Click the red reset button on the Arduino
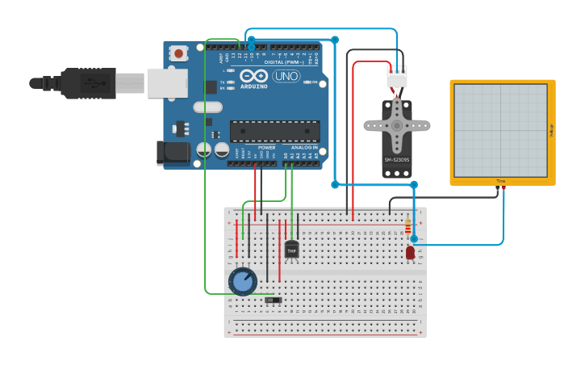[178, 53]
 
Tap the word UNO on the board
[286, 76]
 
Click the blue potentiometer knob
[242, 282]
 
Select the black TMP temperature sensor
[291, 250]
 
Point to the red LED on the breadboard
[410, 253]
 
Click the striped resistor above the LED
[407, 226]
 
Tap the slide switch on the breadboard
[274, 301]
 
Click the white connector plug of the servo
[397, 78]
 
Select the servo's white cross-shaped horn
[396, 127]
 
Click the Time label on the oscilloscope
[500, 181]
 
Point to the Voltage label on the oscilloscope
[551, 130]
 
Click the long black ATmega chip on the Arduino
[274, 131]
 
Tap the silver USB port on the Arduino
[167, 82]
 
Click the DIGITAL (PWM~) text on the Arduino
[284, 61]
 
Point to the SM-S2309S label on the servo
[396, 160]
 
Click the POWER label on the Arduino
[266, 148]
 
